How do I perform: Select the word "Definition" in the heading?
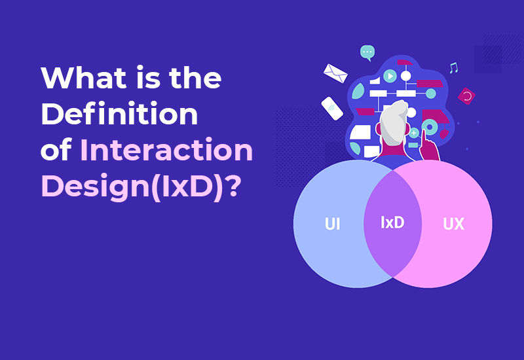(x=119, y=115)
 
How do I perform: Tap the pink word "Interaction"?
(x=166, y=151)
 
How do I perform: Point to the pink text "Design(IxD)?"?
(x=139, y=187)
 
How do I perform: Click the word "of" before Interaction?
(x=56, y=151)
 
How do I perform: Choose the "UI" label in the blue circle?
(x=333, y=224)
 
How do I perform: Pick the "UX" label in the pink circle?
(x=453, y=224)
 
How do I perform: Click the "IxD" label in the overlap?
(x=392, y=223)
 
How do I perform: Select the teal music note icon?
(x=453, y=67)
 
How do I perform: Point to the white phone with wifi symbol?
(x=332, y=108)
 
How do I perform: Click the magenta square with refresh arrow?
(x=466, y=96)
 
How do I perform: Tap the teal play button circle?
(x=390, y=76)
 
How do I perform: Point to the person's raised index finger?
(x=424, y=135)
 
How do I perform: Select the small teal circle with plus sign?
(x=414, y=133)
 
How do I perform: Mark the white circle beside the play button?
(x=406, y=76)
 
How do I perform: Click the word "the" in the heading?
(x=194, y=80)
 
